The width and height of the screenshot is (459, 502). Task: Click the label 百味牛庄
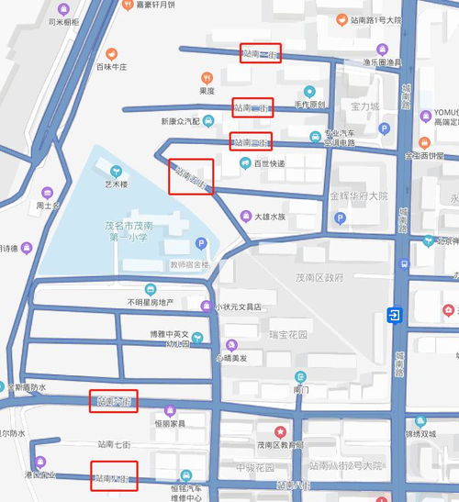coord(111,67)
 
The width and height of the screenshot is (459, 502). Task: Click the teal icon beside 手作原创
coord(310,91)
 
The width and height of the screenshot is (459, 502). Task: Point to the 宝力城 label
coord(364,106)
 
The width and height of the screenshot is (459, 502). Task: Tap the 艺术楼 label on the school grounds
coord(116,184)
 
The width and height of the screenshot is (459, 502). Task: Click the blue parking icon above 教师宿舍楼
coord(201,244)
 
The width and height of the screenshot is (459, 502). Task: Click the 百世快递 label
coord(269,163)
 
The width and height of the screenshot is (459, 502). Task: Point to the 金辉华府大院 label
coord(359,196)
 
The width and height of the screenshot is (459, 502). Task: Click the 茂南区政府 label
coord(320,276)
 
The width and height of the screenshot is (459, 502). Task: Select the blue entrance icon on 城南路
coord(394,316)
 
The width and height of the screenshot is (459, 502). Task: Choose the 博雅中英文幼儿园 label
coord(169,339)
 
